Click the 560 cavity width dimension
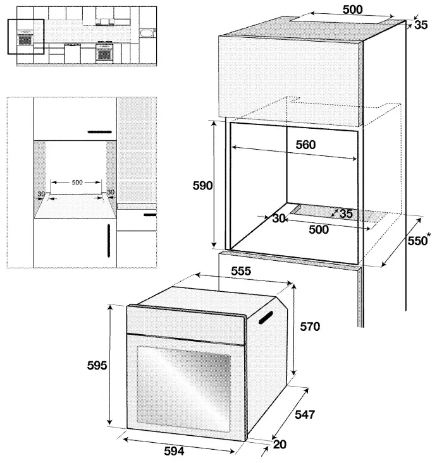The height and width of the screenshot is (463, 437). (305, 144)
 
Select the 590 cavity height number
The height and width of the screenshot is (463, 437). (203, 185)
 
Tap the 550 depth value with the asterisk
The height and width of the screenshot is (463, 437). (416, 240)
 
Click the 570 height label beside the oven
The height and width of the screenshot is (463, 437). (310, 327)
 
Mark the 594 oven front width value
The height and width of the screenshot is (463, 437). (175, 451)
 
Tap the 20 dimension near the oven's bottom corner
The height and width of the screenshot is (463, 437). (280, 444)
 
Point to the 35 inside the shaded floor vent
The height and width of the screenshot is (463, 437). (346, 213)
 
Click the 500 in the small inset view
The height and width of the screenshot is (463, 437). (77, 182)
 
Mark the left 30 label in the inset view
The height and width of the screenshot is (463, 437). (41, 193)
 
